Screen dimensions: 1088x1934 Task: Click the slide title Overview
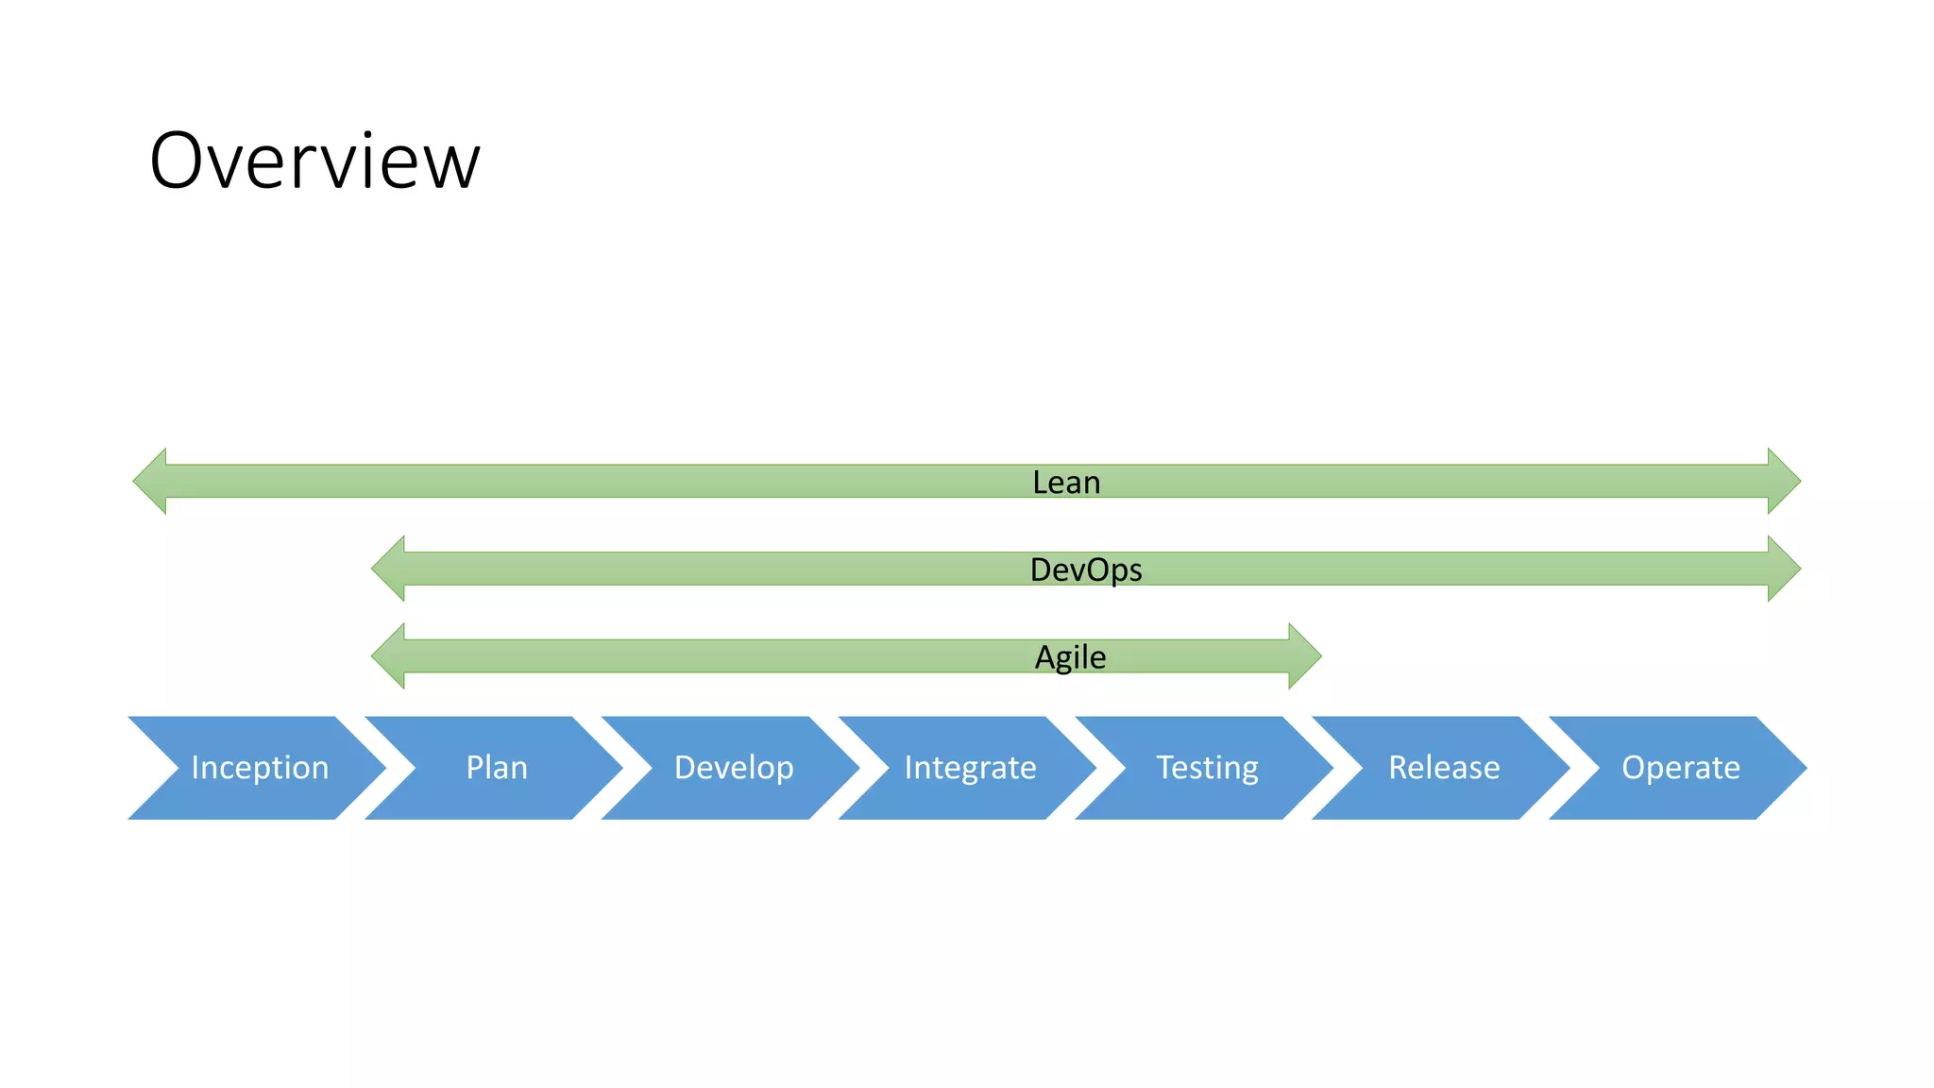coord(314,161)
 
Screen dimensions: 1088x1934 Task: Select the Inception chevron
coord(259,768)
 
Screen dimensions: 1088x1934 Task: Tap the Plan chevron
coord(497,768)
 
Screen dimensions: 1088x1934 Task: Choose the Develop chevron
coord(734,768)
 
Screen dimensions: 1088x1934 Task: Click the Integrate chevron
coord(970,768)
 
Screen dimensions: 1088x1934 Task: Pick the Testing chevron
coord(1207,768)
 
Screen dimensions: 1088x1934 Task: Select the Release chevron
coord(1444,768)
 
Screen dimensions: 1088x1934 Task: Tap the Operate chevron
coord(1680,768)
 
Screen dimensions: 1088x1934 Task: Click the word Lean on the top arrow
coord(1066,483)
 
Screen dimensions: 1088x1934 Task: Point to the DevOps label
coord(1086,569)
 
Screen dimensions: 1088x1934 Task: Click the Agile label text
coord(1070,657)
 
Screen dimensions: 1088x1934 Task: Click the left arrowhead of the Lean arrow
coord(151,481)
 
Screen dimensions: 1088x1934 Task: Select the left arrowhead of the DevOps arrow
coord(389,569)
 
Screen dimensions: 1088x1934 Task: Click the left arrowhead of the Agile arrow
coord(389,655)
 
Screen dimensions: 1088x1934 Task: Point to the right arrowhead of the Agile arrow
coord(1304,655)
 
